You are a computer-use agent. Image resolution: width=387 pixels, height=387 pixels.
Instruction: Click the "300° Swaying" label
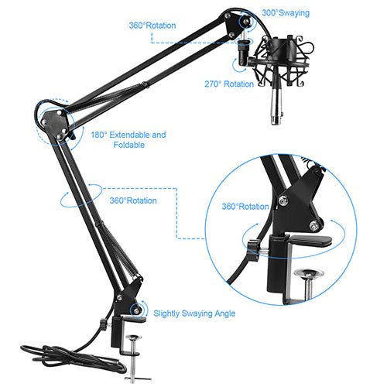pos(286,13)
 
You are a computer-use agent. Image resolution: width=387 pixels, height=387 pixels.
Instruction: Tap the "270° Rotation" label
pos(229,84)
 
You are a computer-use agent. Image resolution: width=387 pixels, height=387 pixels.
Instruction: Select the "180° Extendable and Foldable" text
pos(128,140)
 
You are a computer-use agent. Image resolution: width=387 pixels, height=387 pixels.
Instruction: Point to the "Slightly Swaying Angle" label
pos(194,313)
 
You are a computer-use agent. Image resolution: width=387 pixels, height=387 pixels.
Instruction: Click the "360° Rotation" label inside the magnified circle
pos(245,207)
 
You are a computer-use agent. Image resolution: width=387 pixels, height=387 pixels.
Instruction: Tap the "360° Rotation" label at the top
pos(152,26)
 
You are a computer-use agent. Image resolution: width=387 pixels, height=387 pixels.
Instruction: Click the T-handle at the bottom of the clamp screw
pos(138,378)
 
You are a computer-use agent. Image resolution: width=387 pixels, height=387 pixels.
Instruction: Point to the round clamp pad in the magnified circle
pos(309,272)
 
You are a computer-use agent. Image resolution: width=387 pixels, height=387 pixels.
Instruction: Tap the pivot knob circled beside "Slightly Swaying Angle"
pos(137,310)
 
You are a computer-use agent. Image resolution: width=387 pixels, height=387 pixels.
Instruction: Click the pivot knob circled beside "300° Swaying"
pos(245,21)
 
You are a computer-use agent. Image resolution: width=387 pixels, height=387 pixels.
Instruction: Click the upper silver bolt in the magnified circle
pos(283,200)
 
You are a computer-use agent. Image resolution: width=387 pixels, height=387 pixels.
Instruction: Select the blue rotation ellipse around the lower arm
pos(81,195)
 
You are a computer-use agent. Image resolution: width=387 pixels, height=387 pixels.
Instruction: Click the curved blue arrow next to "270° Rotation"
pos(236,66)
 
